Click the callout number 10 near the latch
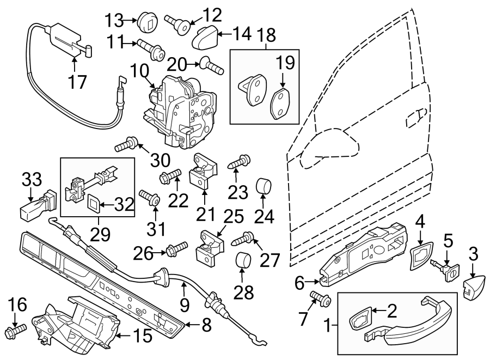tap(139, 71)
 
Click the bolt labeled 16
tap(15, 331)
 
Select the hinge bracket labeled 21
tap(204, 172)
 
